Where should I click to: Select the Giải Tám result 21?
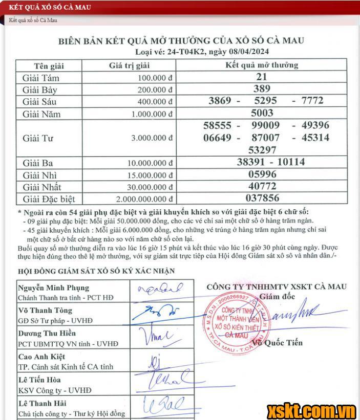coord(262,77)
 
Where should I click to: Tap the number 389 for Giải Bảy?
coord(262,89)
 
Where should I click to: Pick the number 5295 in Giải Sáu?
coord(266,101)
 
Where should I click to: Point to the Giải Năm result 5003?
coord(262,113)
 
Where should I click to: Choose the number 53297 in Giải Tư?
coord(262,150)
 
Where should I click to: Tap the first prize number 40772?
coord(262,187)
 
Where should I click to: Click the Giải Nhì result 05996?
coord(262,174)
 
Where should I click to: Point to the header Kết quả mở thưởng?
coord(262,65)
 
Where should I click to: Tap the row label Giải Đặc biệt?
coord(49,199)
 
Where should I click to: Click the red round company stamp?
coord(237,321)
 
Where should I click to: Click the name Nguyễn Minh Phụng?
coord(53,288)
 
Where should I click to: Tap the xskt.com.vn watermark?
coord(311,410)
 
